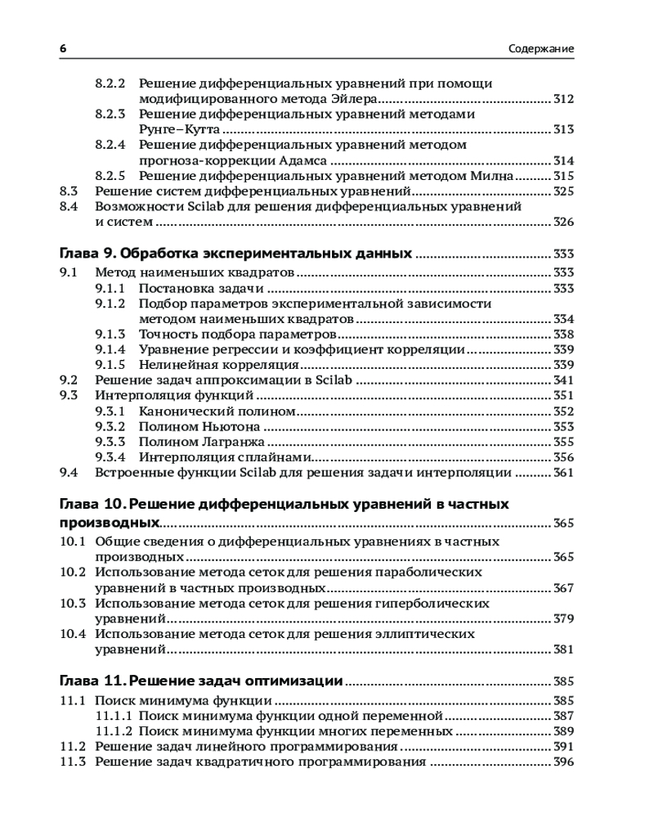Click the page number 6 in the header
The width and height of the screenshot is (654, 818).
coord(64,48)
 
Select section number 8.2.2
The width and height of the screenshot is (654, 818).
coord(110,83)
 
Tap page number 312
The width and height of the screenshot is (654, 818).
coord(564,99)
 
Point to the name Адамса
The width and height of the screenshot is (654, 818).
coord(301,160)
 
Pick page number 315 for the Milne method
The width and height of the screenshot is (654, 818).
coord(564,176)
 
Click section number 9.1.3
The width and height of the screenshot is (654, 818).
coord(110,334)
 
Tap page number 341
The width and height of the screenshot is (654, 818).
coord(564,380)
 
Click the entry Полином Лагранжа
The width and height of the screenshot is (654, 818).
coord(201,442)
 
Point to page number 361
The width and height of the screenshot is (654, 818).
coord(564,473)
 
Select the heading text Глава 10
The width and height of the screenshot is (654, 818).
coord(92,504)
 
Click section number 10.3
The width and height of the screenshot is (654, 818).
coord(74,604)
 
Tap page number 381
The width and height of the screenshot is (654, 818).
coord(564,649)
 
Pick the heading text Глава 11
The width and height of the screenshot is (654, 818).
coord(92,681)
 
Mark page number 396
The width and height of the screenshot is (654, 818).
coord(564,762)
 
